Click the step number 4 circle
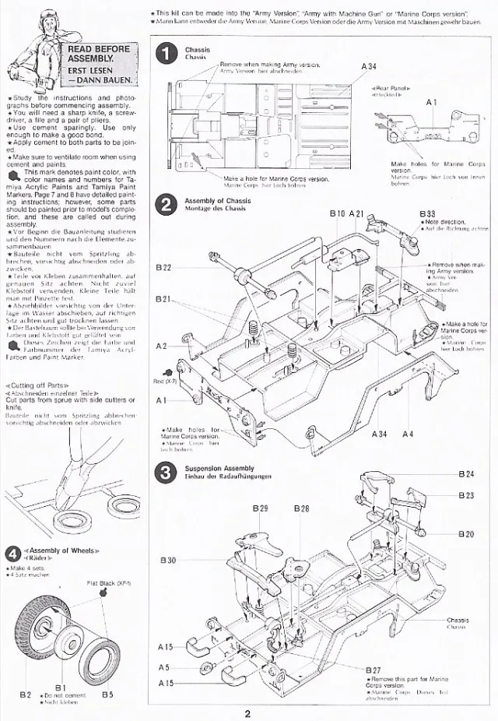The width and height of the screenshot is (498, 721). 12,553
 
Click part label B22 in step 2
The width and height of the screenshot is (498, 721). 163,267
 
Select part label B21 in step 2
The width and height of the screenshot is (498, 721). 163,299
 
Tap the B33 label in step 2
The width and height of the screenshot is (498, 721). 427,213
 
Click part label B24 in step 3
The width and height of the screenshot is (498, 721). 466,474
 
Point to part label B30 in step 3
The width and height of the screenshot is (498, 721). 168,560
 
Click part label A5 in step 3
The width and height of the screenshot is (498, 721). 163,667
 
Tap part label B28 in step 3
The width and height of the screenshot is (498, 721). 302,508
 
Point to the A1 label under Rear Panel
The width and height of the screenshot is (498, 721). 433,103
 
